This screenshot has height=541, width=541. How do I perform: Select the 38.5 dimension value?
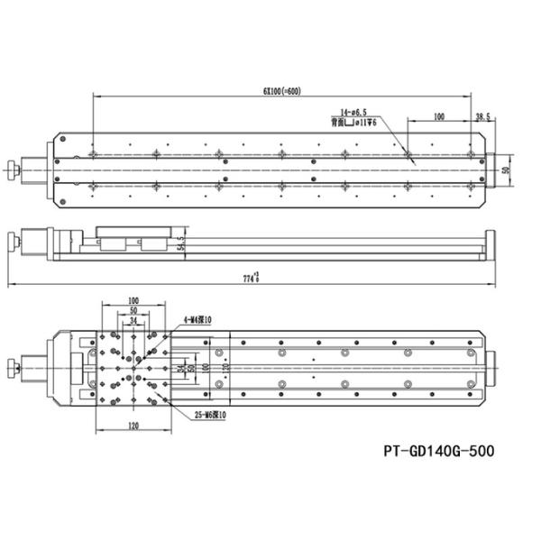(483, 116)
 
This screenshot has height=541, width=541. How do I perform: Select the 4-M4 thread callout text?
(197, 319)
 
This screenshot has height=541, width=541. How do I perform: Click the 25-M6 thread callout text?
(211, 415)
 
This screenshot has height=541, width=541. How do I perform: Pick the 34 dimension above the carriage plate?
(133, 320)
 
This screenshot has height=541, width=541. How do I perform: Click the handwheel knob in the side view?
(12, 241)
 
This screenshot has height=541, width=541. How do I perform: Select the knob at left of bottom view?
(12, 368)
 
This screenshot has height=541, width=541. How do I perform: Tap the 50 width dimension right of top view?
(507, 167)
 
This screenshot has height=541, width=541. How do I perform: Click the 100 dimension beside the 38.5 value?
(439, 116)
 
